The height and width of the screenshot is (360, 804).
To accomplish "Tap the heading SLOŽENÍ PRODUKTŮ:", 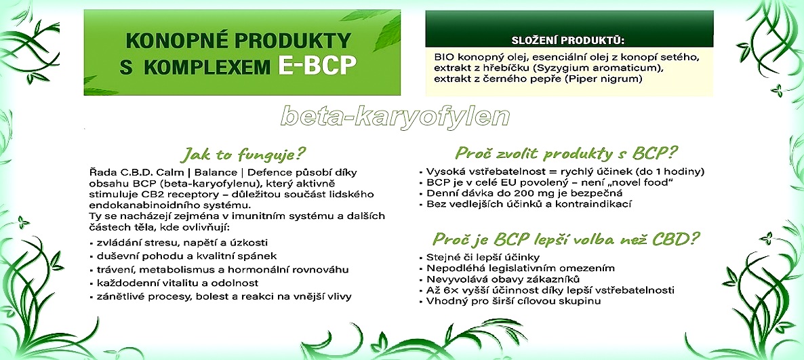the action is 569,41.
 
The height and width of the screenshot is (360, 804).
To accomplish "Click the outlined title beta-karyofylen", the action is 395,117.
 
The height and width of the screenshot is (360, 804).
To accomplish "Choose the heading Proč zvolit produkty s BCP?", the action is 566,153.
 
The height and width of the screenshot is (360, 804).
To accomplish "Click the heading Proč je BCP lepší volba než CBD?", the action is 566,239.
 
